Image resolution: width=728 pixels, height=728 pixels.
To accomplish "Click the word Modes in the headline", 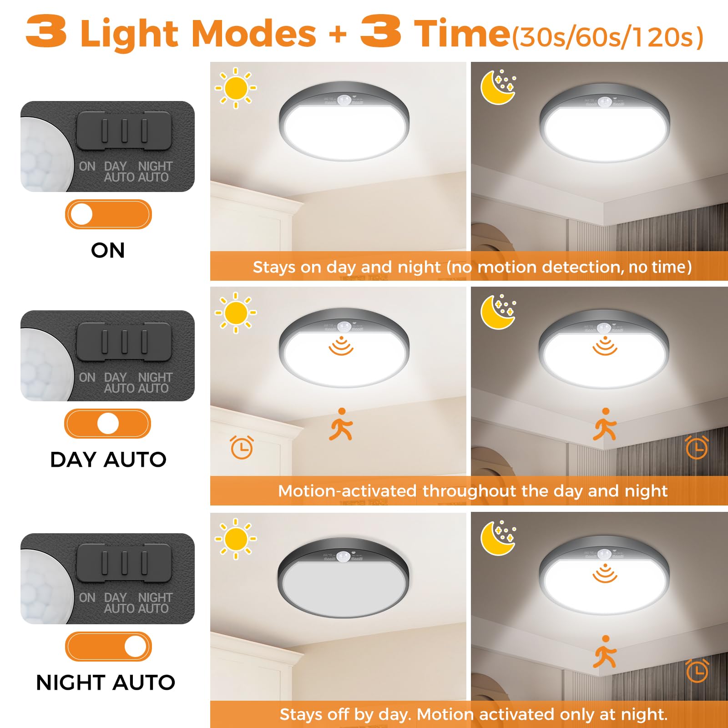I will coord(255,33).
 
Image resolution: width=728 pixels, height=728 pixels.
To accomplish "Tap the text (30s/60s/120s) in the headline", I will coord(607,37).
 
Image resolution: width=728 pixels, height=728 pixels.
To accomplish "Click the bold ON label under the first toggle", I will coord(108,250).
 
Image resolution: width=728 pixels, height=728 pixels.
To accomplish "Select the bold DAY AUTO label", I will coord(108,460).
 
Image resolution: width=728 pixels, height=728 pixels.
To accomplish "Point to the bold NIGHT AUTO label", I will coord(106,682).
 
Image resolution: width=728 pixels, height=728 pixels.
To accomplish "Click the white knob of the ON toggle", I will coord(82,214).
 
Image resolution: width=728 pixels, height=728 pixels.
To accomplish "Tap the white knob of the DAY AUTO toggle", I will coord(108,424).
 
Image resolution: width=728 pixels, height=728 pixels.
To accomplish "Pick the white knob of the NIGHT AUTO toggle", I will coord(135,646).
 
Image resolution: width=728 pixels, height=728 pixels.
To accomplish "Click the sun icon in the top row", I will coord(236,88).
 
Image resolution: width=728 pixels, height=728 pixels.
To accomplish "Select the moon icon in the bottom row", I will coord(498,538).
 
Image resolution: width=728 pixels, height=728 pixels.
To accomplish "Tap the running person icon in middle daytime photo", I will coord(341,425).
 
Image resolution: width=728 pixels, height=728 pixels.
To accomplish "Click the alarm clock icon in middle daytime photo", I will coord(242,448).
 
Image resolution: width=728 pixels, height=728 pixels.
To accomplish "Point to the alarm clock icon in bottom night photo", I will coord(697,671).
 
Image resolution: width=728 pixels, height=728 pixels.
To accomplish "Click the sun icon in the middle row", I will coord(236,313).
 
